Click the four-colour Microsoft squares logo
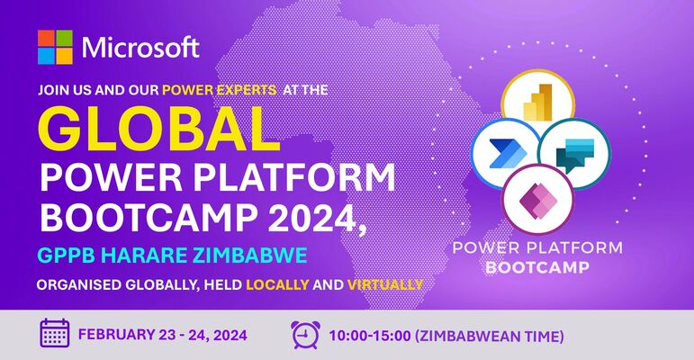pyautogui.click(x=55, y=47)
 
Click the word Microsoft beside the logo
pyautogui.click(x=140, y=48)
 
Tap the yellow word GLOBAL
pyautogui.click(x=159, y=129)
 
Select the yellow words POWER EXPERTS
pyautogui.click(x=220, y=90)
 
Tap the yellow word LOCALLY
pyautogui.click(x=277, y=284)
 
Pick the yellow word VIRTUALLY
pyautogui.click(x=385, y=284)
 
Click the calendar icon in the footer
pyautogui.click(x=55, y=333)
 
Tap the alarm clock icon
pyautogui.click(x=305, y=335)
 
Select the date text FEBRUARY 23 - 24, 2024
pyautogui.click(x=163, y=335)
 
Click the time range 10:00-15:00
pyautogui.click(x=370, y=336)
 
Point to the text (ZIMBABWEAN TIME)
pyautogui.click(x=490, y=337)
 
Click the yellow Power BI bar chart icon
pyautogui.click(x=537, y=102)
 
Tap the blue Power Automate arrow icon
pyautogui.click(x=508, y=153)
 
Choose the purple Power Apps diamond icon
pyautogui.click(x=537, y=199)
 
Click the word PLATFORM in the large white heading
pyautogui.click(x=294, y=178)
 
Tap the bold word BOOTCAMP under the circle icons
pyautogui.click(x=537, y=267)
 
